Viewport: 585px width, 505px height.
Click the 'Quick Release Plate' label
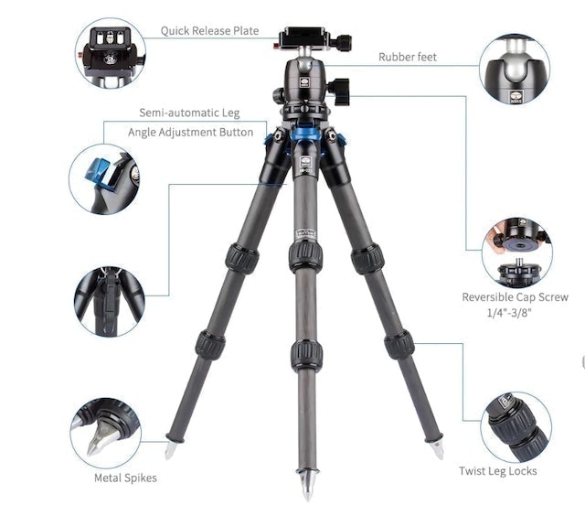(209, 30)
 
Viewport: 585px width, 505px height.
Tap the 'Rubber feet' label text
(408, 57)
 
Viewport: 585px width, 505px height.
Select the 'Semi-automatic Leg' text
(189, 113)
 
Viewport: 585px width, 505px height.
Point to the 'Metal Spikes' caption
(125, 477)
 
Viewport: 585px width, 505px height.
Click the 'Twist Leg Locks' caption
(497, 471)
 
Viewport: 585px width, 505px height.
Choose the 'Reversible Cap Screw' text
(515, 297)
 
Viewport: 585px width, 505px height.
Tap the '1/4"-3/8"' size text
(515, 314)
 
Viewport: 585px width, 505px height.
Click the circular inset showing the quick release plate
(110, 53)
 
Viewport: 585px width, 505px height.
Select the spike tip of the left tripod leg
(170, 450)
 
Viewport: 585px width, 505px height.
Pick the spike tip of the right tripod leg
(439, 449)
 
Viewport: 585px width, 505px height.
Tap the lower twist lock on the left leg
(210, 345)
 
